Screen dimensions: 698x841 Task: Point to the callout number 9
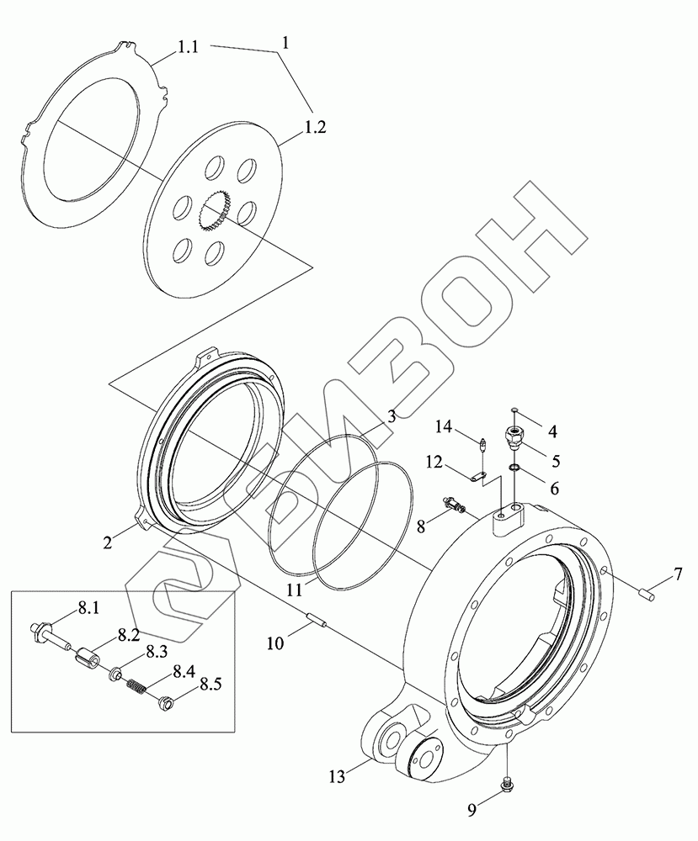pyautogui.click(x=473, y=811)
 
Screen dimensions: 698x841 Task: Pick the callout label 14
pyautogui.click(x=444, y=426)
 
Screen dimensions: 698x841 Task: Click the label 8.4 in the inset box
pyautogui.click(x=184, y=671)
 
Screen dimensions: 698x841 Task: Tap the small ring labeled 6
pyautogui.click(x=514, y=469)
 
